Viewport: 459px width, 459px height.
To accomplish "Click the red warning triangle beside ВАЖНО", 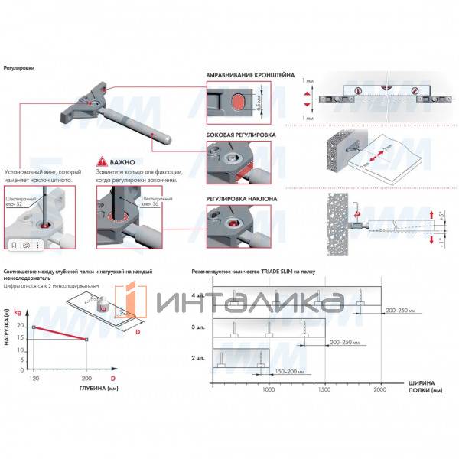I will [x=102, y=163].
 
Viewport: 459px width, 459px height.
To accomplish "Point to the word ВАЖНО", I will [x=122, y=163].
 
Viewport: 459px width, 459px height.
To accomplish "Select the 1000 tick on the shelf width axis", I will [x=268, y=390].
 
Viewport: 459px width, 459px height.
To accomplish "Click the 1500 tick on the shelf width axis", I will [x=326, y=390].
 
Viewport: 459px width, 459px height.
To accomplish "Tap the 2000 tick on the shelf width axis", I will [x=381, y=390].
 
